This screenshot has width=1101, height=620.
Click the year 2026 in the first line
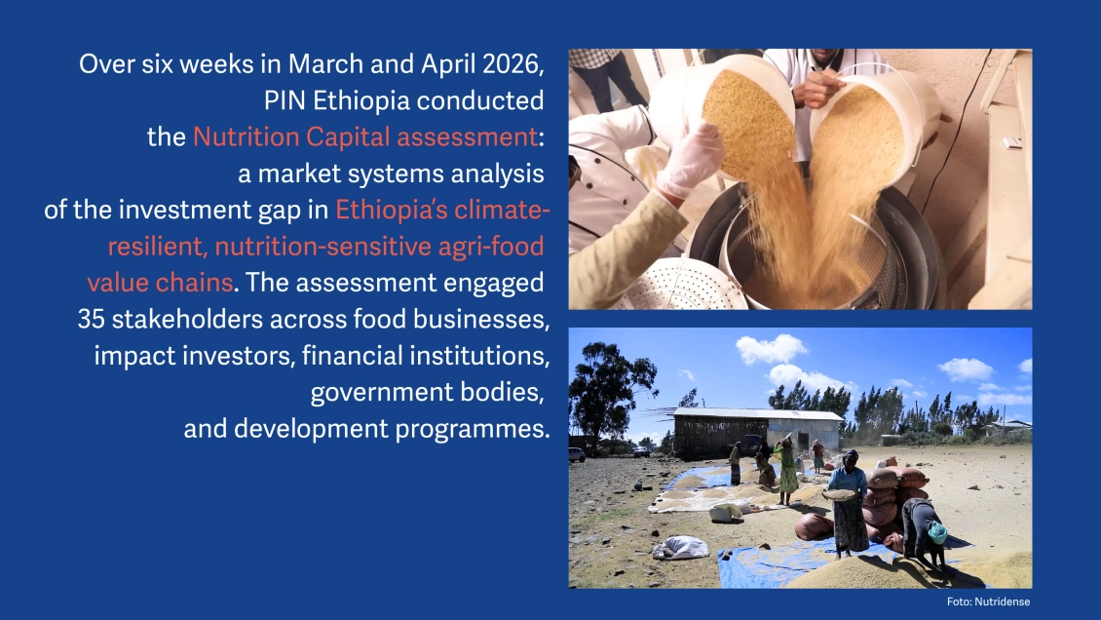point(513,64)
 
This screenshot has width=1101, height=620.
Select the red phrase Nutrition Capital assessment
point(365,136)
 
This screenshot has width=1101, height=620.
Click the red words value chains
point(160,283)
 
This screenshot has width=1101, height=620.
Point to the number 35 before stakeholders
point(92,319)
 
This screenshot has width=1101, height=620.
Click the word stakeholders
point(187,319)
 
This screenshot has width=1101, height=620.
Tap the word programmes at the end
point(472,428)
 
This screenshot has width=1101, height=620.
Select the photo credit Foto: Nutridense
point(988,601)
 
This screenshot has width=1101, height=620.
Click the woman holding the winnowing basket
point(849,502)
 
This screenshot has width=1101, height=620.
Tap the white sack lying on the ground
point(680,548)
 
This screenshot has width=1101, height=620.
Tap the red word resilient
point(157,247)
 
